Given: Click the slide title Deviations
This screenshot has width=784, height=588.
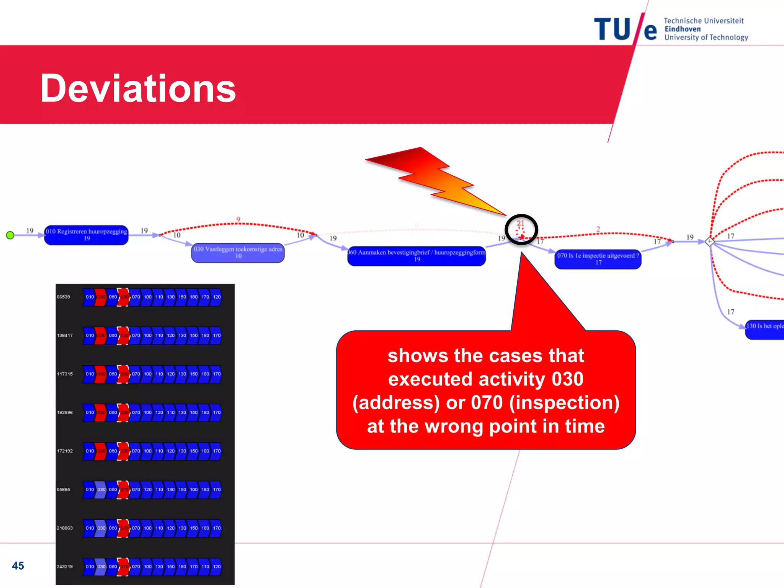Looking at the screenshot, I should pyautogui.click(x=138, y=88).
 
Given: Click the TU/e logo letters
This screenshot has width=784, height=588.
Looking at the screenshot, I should pyautogui.click(x=625, y=29).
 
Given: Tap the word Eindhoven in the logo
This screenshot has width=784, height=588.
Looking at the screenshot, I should pyautogui.click(x=683, y=29).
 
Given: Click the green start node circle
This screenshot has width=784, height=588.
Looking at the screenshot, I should pyautogui.click(x=10, y=235).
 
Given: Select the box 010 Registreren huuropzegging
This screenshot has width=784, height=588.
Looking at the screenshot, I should pyautogui.click(x=86, y=235).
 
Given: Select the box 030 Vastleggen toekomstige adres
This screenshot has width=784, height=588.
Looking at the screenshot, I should pyautogui.click(x=238, y=253).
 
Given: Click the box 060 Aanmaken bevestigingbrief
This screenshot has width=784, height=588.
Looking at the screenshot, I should pyautogui.click(x=416, y=256).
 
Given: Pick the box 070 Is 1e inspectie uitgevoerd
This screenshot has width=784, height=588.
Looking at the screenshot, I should pyautogui.click(x=598, y=259).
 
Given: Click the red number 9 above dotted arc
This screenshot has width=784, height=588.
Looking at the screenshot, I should pyautogui.click(x=238, y=219).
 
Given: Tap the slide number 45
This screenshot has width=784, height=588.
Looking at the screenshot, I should pyautogui.click(x=18, y=565).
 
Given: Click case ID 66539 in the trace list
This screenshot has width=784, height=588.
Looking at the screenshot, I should pyautogui.click(x=64, y=297).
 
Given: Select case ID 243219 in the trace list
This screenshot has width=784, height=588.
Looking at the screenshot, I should pyautogui.click(x=65, y=566).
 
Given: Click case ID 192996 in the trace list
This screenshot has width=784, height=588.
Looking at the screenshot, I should pyautogui.click(x=65, y=412).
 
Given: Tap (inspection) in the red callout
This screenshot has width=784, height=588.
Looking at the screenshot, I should pyautogui.click(x=564, y=403).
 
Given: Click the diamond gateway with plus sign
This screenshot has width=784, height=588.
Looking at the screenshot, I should pyautogui.click(x=709, y=242).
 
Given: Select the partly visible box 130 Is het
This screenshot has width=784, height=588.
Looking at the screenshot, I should pyautogui.click(x=764, y=329).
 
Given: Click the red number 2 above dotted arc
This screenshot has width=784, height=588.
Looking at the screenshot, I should pyautogui.click(x=598, y=229).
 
